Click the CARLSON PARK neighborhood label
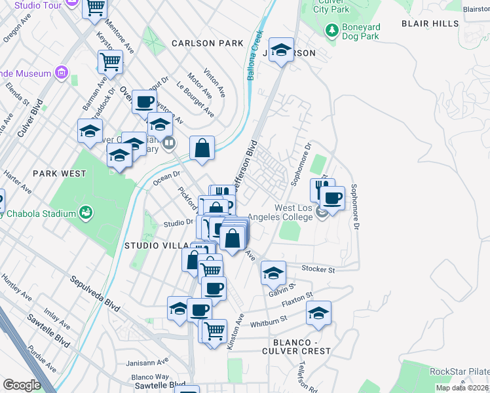point(207,43)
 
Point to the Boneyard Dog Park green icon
point(332,30)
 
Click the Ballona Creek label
point(254,56)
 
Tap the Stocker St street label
point(318,269)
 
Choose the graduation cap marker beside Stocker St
point(273,272)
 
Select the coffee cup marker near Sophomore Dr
point(333,197)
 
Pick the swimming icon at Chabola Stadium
point(85,212)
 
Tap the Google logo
point(21,384)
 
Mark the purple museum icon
point(62,71)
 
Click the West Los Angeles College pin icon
point(321,213)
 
